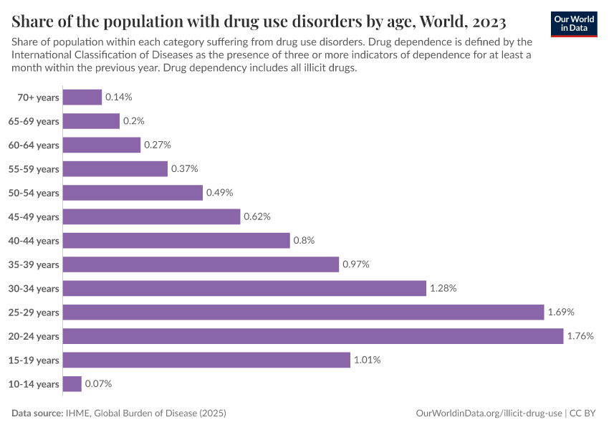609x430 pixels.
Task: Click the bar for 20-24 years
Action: click(313, 336)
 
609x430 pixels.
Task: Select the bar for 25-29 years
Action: click(303, 312)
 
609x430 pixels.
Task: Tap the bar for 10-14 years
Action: click(72, 384)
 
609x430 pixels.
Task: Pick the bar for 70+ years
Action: click(82, 97)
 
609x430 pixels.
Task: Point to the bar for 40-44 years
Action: click(176, 240)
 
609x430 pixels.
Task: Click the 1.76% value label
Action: click(580, 336)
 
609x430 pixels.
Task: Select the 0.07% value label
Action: click(98, 384)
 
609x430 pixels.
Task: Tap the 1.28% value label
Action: click(443, 288)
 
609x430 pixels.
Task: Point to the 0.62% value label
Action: click(257, 216)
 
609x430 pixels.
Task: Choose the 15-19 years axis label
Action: click(34, 360)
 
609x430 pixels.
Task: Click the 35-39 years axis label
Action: click(34, 264)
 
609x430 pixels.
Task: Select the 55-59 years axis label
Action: click(34, 169)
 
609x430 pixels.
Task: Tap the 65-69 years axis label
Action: click(34, 121)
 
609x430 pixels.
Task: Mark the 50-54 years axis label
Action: click(34, 193)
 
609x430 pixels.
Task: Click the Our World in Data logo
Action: click(574, 24)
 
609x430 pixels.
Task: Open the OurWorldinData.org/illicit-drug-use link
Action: click(489, 414)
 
